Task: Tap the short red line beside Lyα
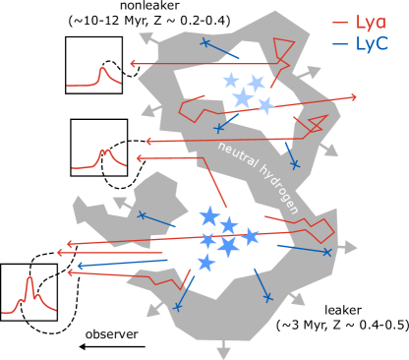(x=339, y=22)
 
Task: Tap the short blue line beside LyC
(x=339, y=44)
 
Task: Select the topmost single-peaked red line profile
(x=101, y=77)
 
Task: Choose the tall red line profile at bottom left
(x=29, y=296)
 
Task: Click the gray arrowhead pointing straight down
(x=223, y=352)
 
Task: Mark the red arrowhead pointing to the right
(x=352, y=97)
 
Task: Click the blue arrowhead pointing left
(x=81, y=266)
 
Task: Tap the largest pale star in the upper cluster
(x=242, y=97)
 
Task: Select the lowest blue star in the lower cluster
(x=205, y=263)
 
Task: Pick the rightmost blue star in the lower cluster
(x=251, y=236)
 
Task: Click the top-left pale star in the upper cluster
(x=230, y=81)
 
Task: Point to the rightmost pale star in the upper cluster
(x=264, y=105)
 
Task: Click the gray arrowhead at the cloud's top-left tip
(x=146, y=38)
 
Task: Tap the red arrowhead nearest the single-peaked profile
(x=134, y=65)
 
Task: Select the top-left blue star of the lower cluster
(x=208, y=216)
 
